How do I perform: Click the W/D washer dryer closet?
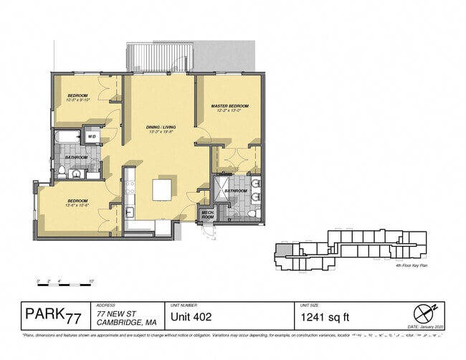point(92,136)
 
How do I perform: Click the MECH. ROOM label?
point(208,214)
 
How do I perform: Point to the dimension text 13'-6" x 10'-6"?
point(77,206)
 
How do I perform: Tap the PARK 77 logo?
point(53,316)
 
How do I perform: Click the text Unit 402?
point(191,316)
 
